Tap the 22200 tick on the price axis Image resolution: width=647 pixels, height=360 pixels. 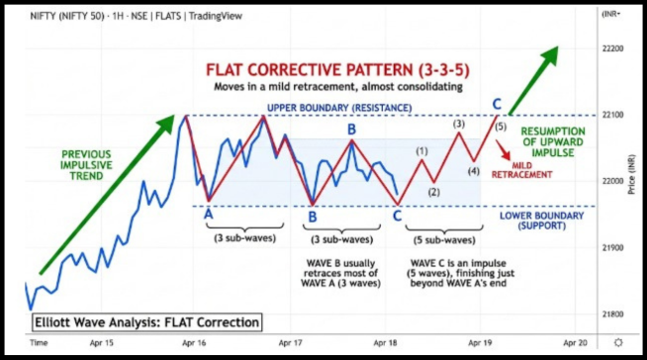pyautogui.click(x=613, y=48)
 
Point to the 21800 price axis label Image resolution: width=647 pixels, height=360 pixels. pyautogui.click(x=613, y=314)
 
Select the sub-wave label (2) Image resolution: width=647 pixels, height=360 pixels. pyautogui.click(x=433, y=192)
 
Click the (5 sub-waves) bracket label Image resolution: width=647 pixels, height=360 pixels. pyautogui.click(x=441, y=239)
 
